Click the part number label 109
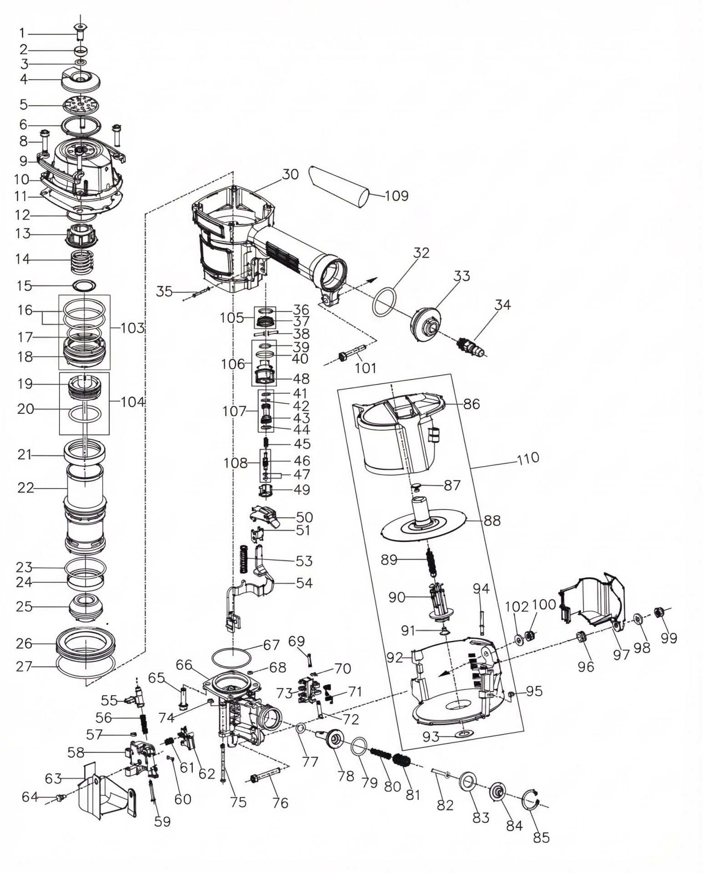tap(397, 196)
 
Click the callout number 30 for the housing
tap(290, 174)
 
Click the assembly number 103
tap(132, 328)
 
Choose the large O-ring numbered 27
tap(85, 667)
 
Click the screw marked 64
tap(59, 797)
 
